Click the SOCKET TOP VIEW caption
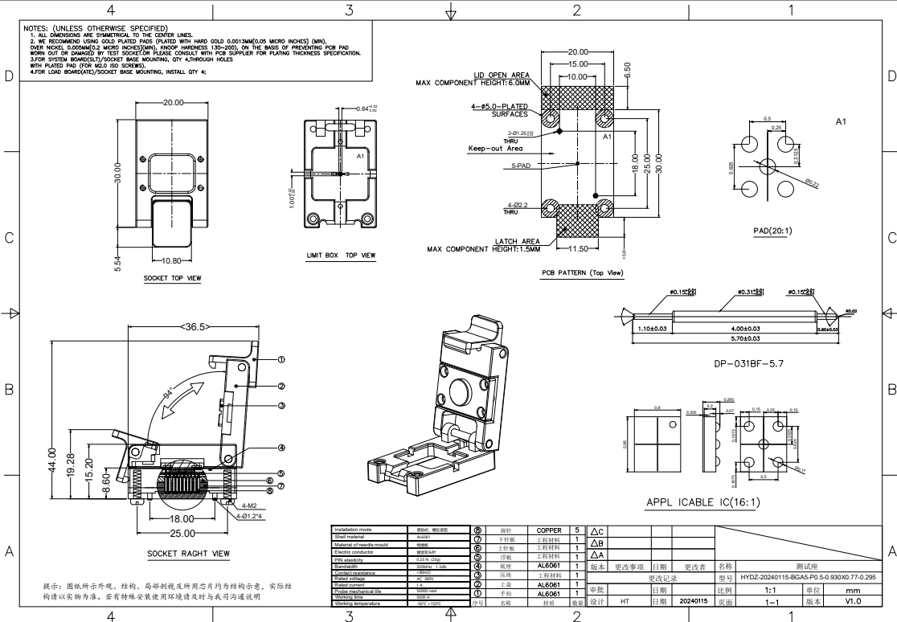pyautogui.click(x=172, y=278)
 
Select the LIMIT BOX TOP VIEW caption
pyautogui.click(x=341, y=255)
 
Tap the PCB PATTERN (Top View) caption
pyautogui.click(x=583, y=273)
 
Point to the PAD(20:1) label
pyautogui.click(x=772, y=231)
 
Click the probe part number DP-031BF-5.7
pyautogui.click(x=748, y=363)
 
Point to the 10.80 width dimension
pyautogui.click(x=171, y=261)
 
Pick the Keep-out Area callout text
pyautogui.click(x=495, y=149)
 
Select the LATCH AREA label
pyautogui.click(x=518, y=240)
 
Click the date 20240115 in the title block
pyautogui.click(x=694, y=601)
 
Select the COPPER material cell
pyautogui.click(x=550, y=530)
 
